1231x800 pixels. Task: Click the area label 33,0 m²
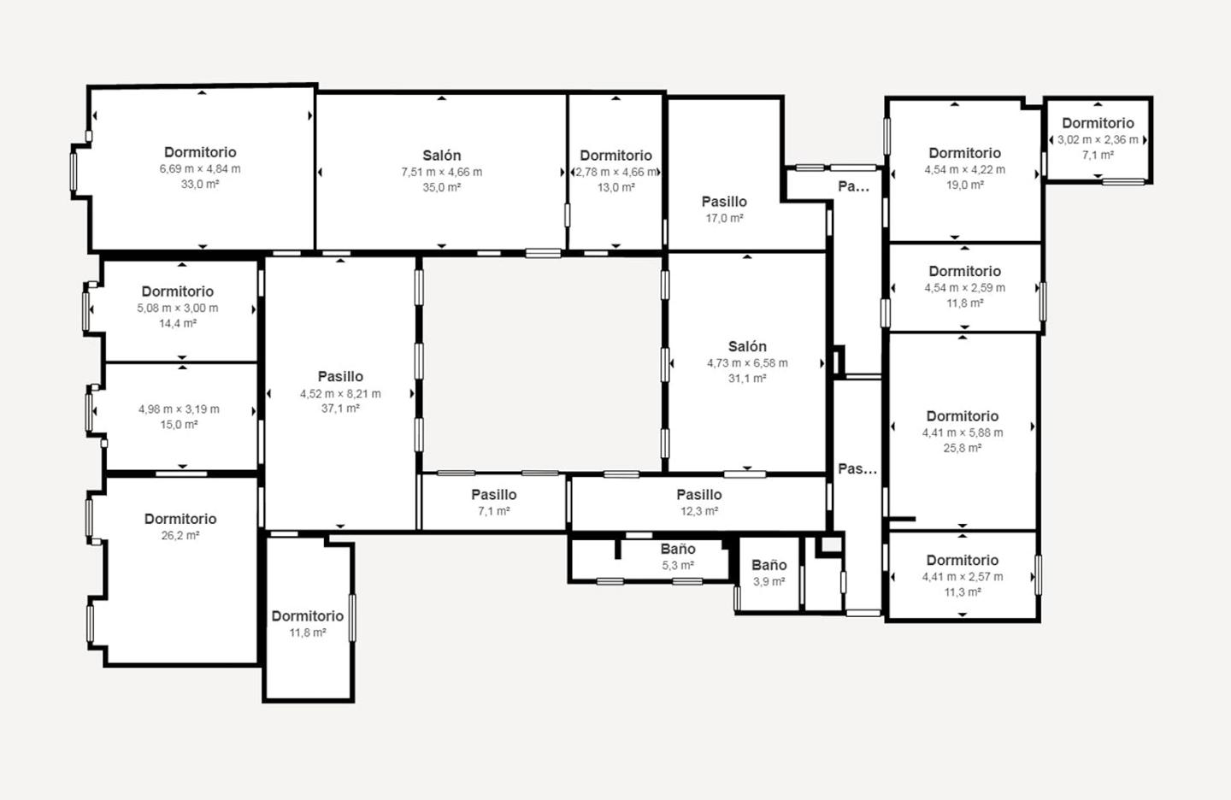click(x=200, y=184)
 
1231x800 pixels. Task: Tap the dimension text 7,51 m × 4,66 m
click(x=442, y=172)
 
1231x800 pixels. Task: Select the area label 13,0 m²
click(x=616, y=187)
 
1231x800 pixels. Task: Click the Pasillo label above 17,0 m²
click(x=724, y=202)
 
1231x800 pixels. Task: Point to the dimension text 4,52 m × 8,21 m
click(x=340, y=393)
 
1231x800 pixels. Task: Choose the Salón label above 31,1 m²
click(x=747, y=346)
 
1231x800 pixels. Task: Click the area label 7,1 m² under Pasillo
click(x=493, y=511)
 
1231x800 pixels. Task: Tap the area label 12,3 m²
click(x=699, y=511)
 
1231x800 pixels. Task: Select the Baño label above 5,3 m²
click(x=678, y=549)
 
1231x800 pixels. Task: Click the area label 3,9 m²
click(x=769, y=581)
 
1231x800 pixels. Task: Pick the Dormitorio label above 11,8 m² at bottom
click(x=308, y=616)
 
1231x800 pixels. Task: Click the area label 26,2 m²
click(x=180, y=535)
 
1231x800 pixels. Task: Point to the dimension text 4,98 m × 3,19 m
click(x=179, y=409)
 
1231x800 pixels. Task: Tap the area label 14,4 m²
click(x=178, y=323)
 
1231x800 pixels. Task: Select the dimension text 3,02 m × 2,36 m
click(x=1098, y=139)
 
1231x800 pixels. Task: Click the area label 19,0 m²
click(x=964, y=185)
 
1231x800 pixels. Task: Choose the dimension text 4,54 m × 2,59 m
click(x=964, y=287)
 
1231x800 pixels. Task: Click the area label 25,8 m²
click(x=963, y=448)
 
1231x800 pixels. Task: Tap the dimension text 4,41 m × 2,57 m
click(x=963, y=576)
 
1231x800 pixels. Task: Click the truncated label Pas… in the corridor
click(x=857, y=469)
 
